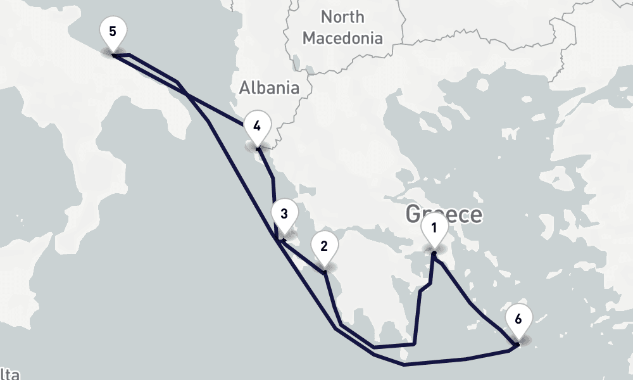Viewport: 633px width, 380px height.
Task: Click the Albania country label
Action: click(x=269, y=87)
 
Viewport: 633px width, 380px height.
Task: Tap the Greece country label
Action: click(x=443, y=214)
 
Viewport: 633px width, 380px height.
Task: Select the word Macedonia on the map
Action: click(x=342, y=38)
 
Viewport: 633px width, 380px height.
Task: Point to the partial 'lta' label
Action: click(x=9, y=373)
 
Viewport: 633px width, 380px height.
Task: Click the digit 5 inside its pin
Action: click(x=113, y=30)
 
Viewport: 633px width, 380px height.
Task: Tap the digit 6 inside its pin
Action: click(x=518, y=319)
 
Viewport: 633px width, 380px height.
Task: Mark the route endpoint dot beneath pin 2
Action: click(x=325, y=272)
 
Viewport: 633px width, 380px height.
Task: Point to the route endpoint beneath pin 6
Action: click(x=518, y=344)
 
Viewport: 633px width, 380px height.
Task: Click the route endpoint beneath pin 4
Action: click(x=257, y=149)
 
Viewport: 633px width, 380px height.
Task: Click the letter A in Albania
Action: click(x=245, y=87)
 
